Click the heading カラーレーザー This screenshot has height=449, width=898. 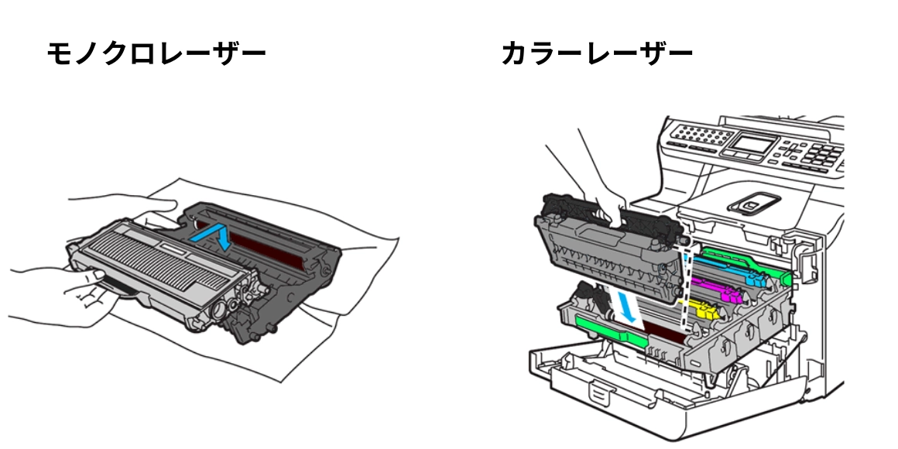(x=596, y=54)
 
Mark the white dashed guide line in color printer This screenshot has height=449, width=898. (x=684, y=286)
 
